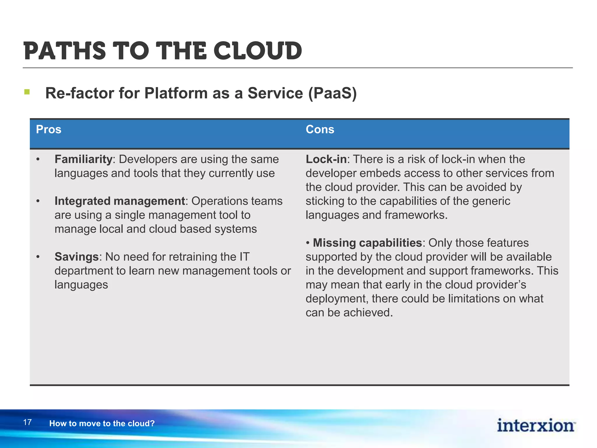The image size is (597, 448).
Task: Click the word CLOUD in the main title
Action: (x=258, y=51)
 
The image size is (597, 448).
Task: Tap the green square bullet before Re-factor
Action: (x=27, y=92)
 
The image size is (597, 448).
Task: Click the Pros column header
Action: (x=48, y=129)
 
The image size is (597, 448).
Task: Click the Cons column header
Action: (x=320, y=129)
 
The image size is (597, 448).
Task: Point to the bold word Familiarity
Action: (x=83, y=159)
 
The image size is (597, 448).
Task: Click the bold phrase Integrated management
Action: (x=120, y=201)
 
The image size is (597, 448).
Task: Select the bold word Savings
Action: (x=77, y=257)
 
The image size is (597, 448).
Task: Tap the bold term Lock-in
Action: (x=326, y=159)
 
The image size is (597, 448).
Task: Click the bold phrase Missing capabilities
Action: (x=367, y=243)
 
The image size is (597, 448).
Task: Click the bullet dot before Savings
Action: (x=38, y=257)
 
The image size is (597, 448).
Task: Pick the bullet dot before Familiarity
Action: (x=38, y=160)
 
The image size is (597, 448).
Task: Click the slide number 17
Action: (x=27, y=422)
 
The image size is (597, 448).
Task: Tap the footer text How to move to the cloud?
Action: (x=102, y=423)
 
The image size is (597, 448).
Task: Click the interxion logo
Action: (x=536, y=425)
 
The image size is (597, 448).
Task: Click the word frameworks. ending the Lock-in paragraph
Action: (x=416, y=215)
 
